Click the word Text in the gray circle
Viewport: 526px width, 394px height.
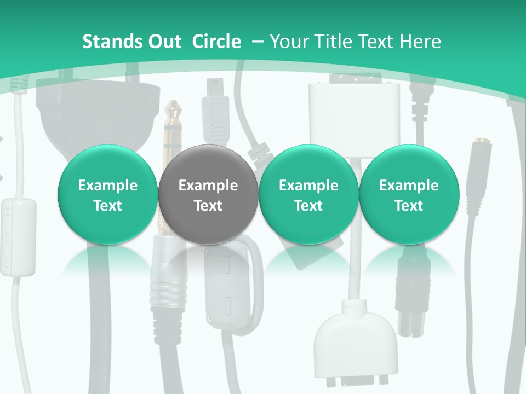point(208,206)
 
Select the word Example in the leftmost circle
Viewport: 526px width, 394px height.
point(107,186)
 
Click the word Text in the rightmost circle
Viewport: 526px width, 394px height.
point(409,206)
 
